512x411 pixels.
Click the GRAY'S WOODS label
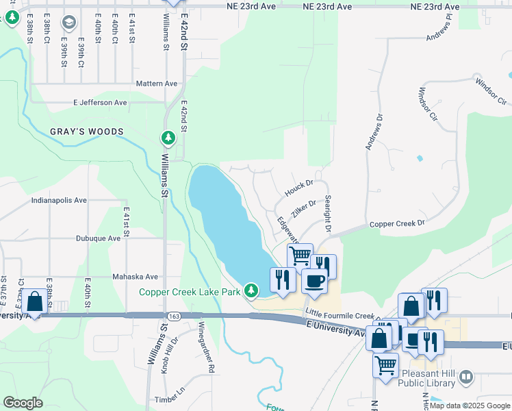(x=86, y=132)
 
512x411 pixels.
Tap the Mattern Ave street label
(x=157, y=84)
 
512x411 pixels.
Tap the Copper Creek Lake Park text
(x=190, y=292)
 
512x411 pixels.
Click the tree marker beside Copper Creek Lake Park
(x=252, y=292)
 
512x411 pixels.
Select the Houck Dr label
(x=298, y=185)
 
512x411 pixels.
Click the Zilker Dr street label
(x=303, y=208)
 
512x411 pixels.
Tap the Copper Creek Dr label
(x=397, y=223)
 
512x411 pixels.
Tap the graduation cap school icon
(x=68, y=23)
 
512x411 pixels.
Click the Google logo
(x=23, y=403)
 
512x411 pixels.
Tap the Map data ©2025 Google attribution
(x=470, y=406)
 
